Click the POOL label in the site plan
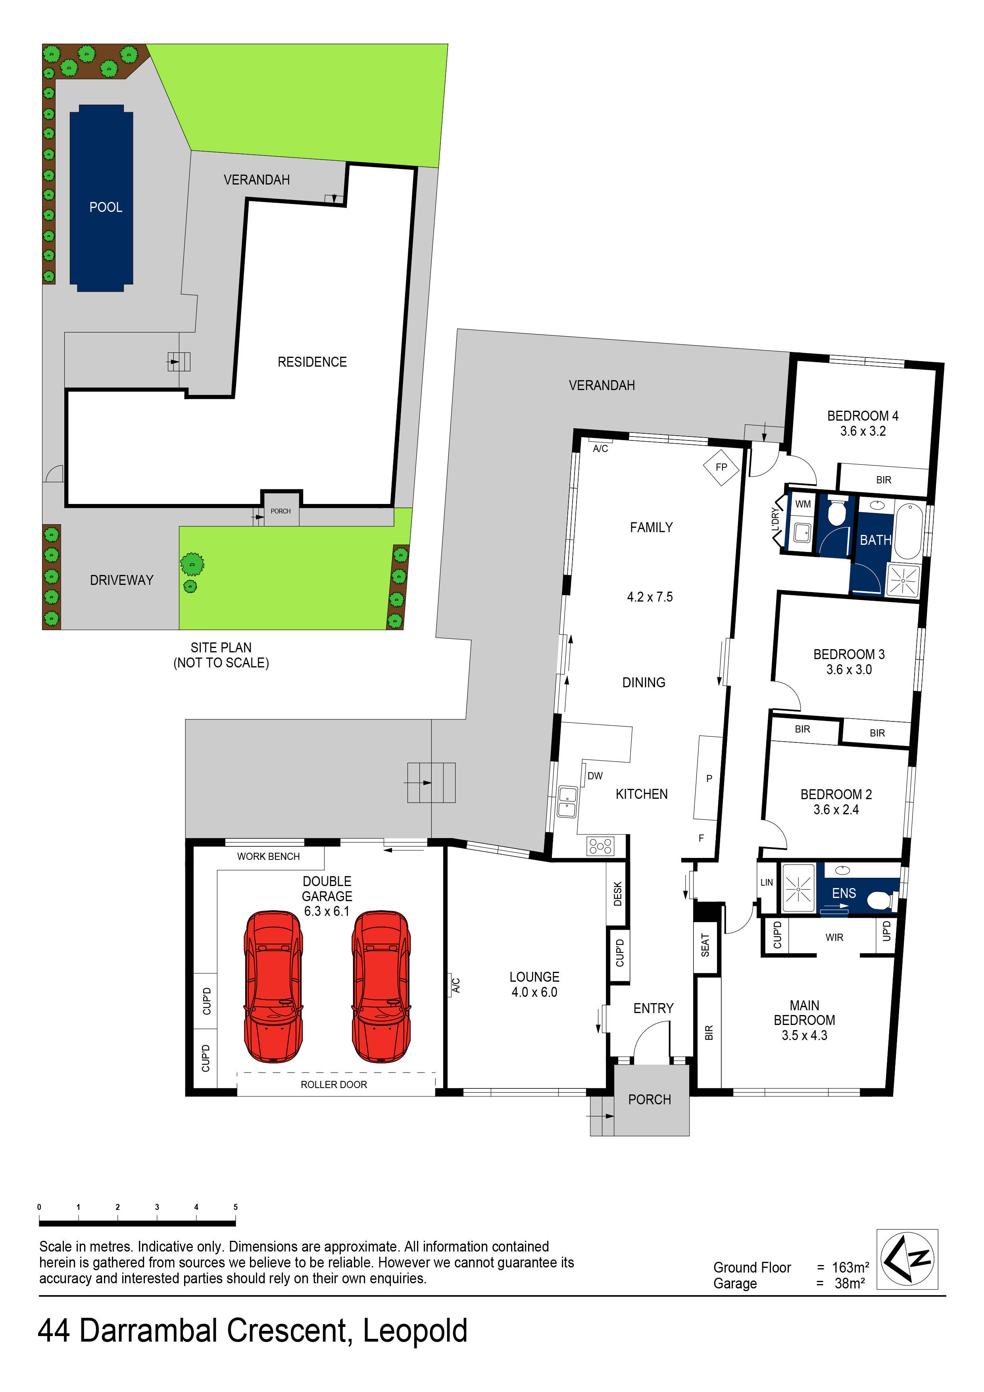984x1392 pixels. point(106,208)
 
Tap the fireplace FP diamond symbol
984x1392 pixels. point(721,467)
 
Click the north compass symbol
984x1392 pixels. point(907,1259)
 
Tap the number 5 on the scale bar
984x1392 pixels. point(235,1206)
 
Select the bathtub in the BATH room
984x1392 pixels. point(908,531)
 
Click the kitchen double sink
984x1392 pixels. point(567,802)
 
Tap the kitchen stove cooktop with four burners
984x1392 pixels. point(600,846)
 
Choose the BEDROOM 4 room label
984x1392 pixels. point(862,416)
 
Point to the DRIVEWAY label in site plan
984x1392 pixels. point(121,580)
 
